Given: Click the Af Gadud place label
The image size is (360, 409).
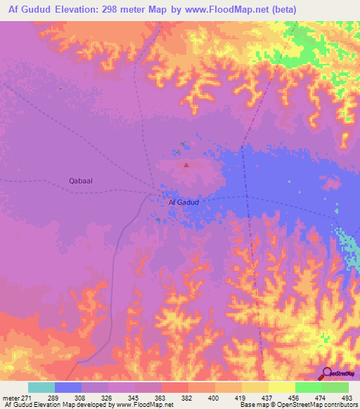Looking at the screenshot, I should pos(184,202).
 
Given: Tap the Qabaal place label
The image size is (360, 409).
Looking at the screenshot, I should pos(82,181).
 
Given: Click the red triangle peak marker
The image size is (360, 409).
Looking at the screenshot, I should pos(186,166).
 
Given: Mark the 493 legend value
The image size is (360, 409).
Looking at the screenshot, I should pos(347,398).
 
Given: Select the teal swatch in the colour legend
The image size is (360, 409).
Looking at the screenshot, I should pos(41,387).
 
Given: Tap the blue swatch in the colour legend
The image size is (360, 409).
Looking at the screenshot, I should pos(68,387).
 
